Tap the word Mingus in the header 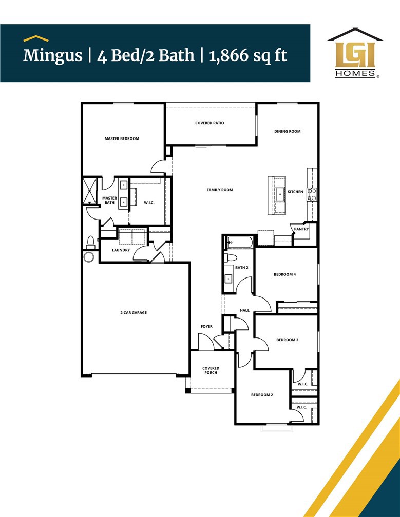[52, 55]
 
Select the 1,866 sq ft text [248, 55]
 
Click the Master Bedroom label [122, 138]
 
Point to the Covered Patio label [209, 123]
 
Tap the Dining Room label [287, 132]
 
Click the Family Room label [220, 190]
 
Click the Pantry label [301, 229]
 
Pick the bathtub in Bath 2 [239, 242]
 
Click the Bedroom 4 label [284, 275]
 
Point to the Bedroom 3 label [287, 340]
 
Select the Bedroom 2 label [262, 395]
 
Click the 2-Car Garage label [134, 312]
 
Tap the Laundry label [121, 250]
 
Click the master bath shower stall [90, 190]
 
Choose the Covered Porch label [211, 370]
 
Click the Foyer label [206, 327]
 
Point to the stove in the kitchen [312, 194]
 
